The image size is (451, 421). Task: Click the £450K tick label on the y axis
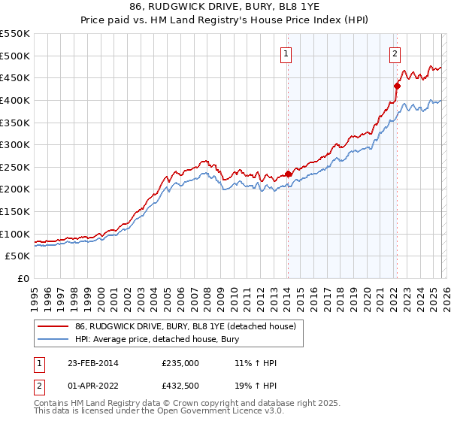coord(15,77)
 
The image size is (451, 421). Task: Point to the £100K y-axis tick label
coord(15,234)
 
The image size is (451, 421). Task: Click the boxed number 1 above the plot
coord(287,53)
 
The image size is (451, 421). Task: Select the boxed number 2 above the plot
coord(395,53)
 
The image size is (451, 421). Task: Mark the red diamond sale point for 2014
coord(288,174)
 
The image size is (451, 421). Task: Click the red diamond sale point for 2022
coord(397,86)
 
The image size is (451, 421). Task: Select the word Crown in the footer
coord(160,404)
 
